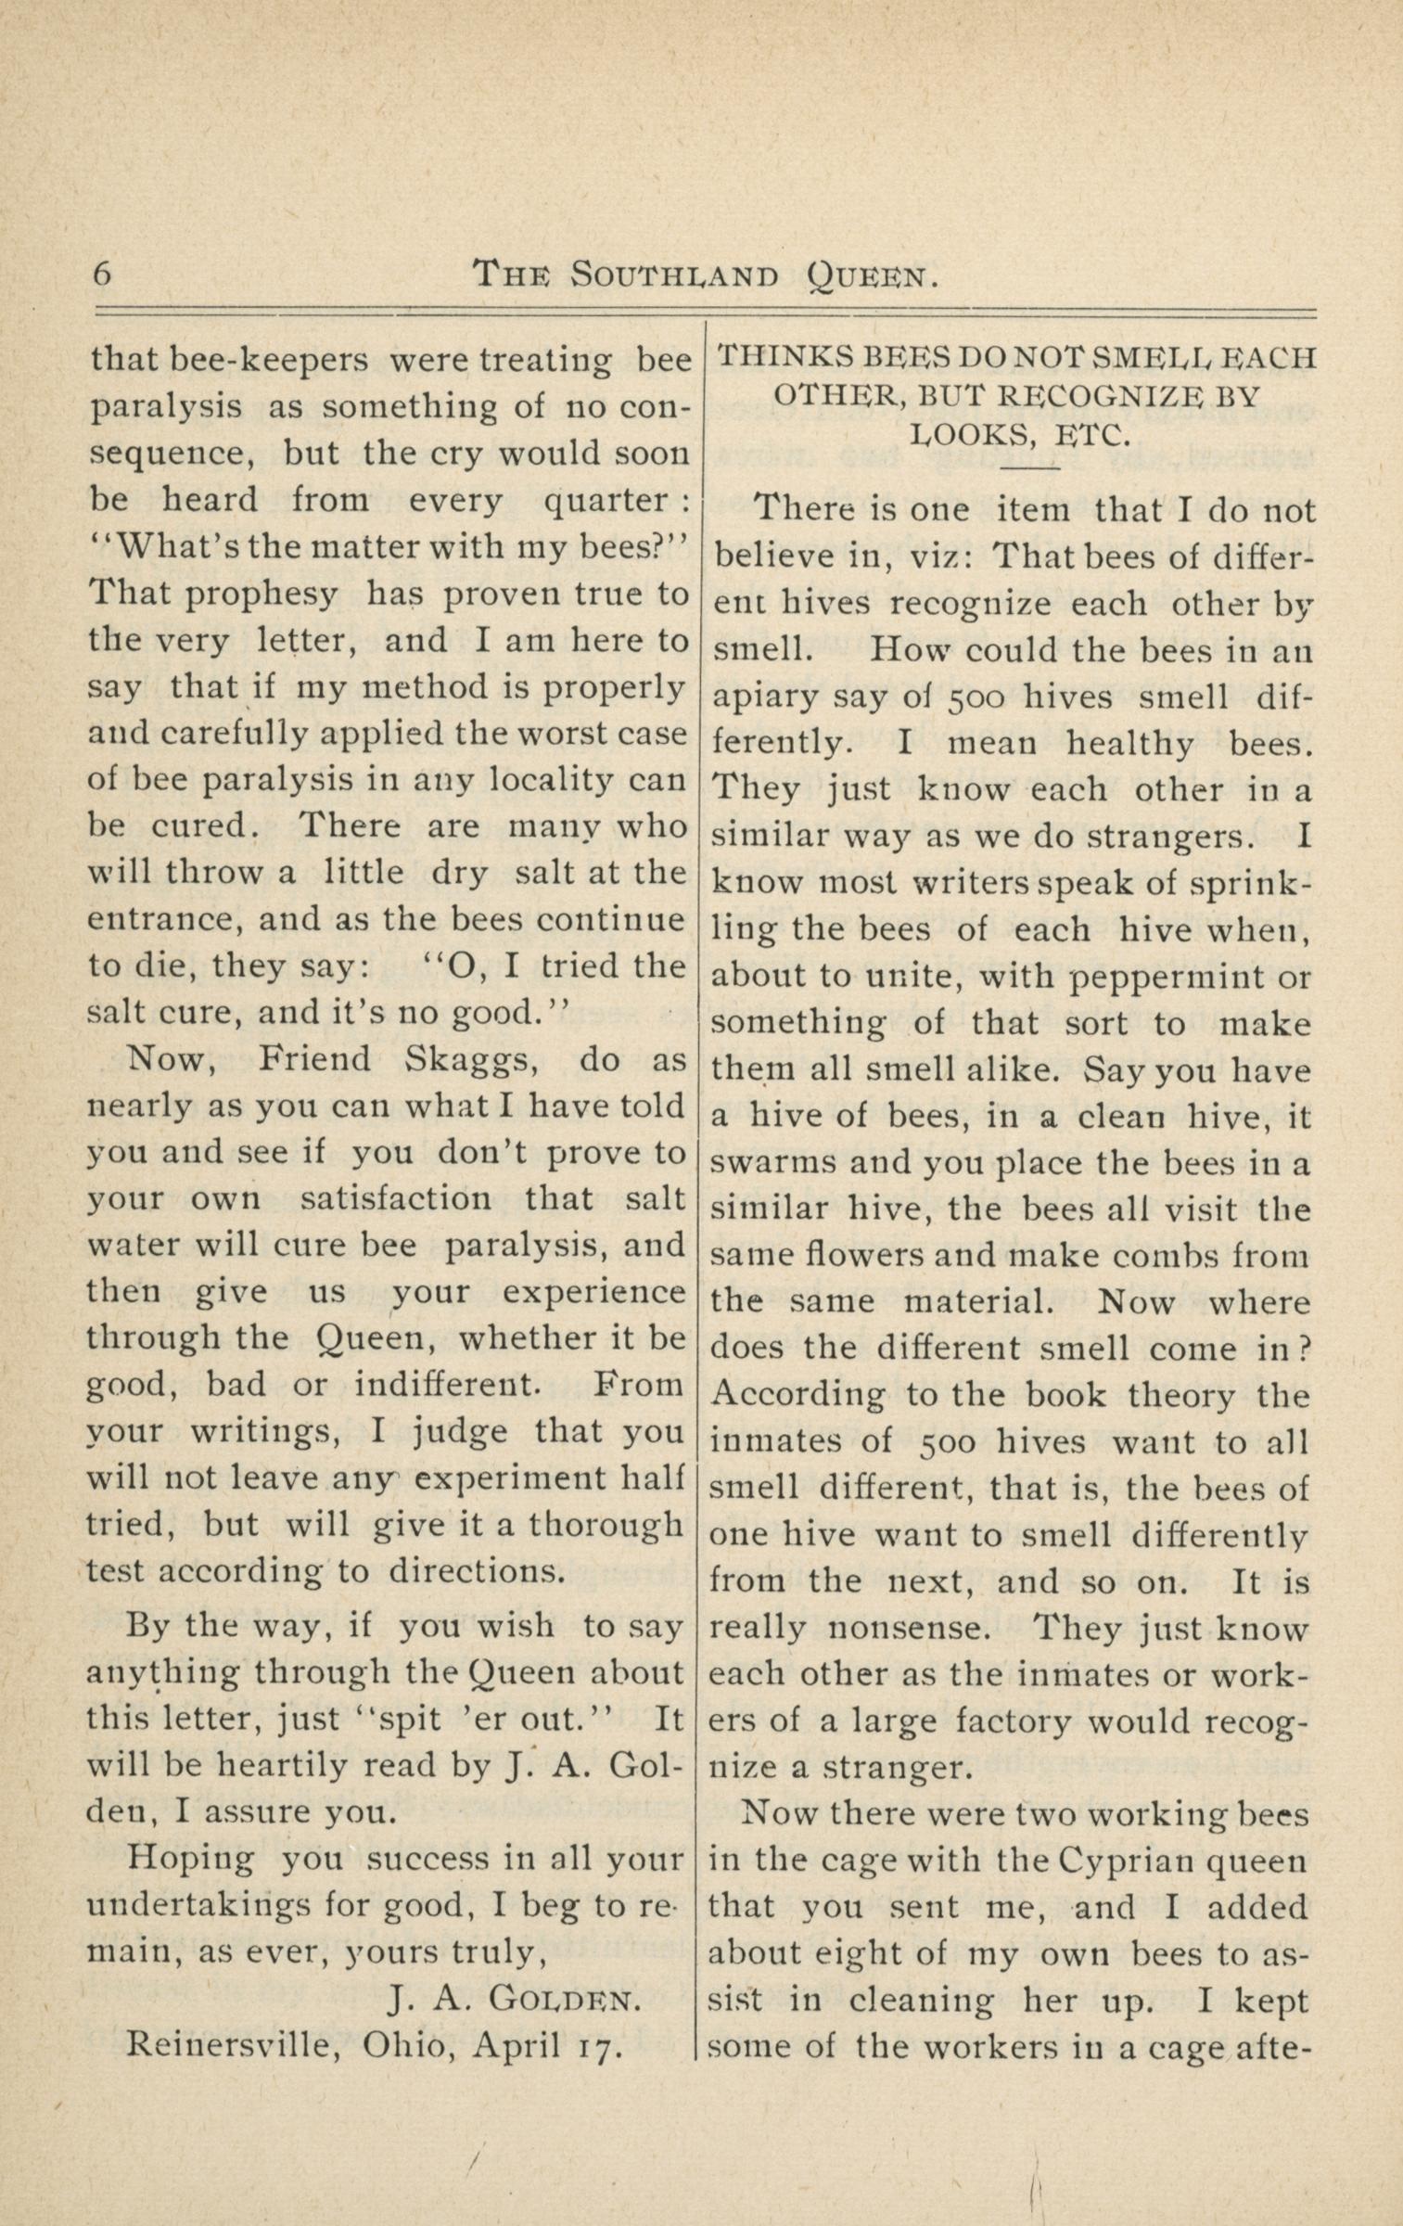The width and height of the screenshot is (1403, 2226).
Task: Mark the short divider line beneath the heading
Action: point(1030,468)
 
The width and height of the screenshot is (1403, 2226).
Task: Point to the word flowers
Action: point(857,1256)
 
